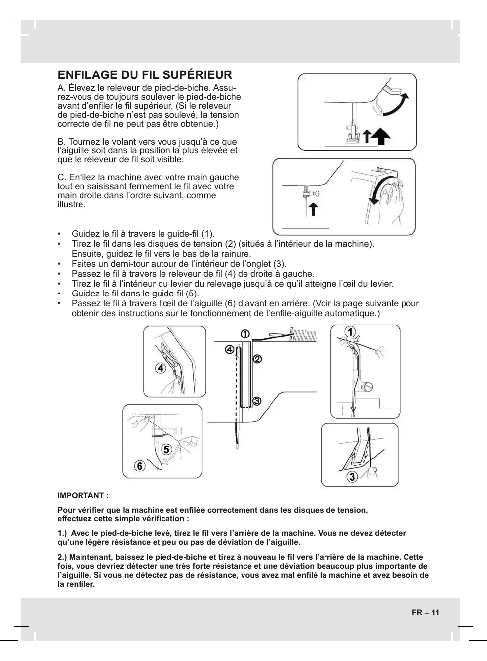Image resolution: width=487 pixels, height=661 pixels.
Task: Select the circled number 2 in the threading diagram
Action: click(257, 358)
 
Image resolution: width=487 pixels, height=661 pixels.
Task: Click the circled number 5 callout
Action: click(166, 449)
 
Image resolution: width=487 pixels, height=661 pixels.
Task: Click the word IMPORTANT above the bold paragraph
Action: click(81, 496)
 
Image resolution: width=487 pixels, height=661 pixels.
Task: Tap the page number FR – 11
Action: click(425, 612)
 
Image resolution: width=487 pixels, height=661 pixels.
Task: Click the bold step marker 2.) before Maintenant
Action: click(64, 557)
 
